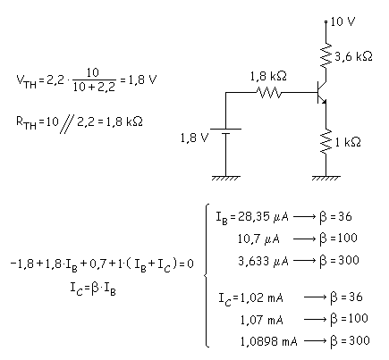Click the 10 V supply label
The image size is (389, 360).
pyautogui.click(x=342, y=21)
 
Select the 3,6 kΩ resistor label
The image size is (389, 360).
pyautogui.click(x=353, y=56)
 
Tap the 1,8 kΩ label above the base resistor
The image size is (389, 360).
pyautogui.click(x=268, y=77)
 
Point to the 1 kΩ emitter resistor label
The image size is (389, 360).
pyautogui.click(x=348, y=142)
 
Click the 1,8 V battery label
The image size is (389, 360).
pyautogui.click(x=194, y=138)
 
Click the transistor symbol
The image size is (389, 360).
pyautogui.click(x=321, y=92)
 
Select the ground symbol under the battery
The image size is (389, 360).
pyautogui.click(x=225, y=178)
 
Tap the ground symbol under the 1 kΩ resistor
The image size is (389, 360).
pyautogui.click(x=326, y=178)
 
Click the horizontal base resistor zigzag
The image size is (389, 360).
pyautogui.click(x=268, y=93)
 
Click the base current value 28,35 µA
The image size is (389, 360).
pyautogui.click(x=259, y=216)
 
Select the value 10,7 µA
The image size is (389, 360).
pyautogui.click(x=258, y=239)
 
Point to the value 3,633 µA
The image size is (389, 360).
pyautogui.click(x=263, y=261)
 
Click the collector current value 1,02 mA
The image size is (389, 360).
pyautogui.click(x=261, y=297)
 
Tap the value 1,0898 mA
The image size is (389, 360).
pyautogui.click(x=268, y=341)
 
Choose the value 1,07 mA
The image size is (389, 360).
pyautogui.click(x=261, y=320)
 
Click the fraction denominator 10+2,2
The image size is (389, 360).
pyautogui.click(x=94, y=87)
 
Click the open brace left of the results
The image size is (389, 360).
pyautogui.click(x=207, y=275)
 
